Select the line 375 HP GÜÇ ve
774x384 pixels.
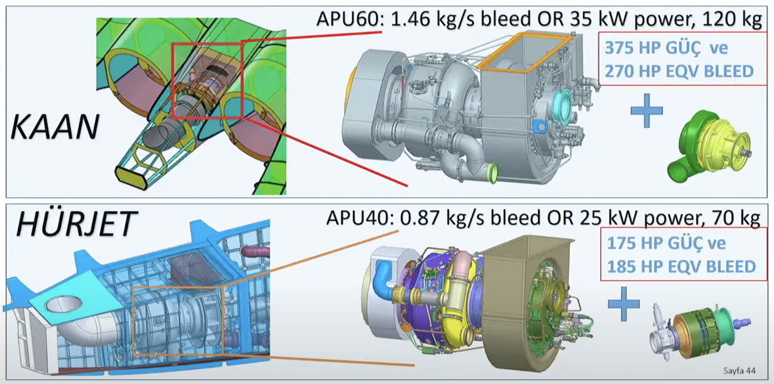(666, 48)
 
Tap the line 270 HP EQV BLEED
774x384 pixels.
(679, 71)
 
